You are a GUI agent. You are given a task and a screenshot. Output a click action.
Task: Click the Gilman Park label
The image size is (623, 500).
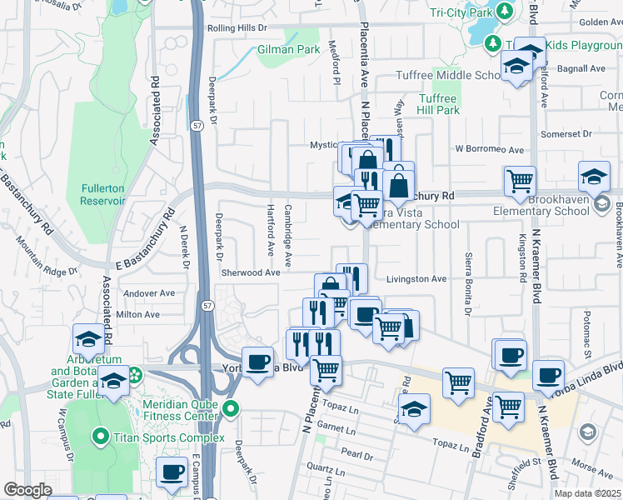click(302, 50)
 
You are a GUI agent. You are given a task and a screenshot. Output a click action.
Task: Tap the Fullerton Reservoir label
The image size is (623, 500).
click(102, 194)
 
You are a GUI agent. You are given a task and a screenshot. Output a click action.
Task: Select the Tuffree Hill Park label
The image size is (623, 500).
click(438, 104)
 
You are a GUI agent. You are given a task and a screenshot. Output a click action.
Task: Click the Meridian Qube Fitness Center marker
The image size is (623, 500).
click(232, 408)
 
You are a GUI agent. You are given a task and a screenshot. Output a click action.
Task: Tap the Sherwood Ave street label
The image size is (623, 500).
click(251, 272)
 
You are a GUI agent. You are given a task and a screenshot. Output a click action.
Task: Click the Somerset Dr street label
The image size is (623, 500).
click(565, 133)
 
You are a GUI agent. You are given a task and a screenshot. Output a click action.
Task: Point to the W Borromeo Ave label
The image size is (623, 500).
click(489, 150)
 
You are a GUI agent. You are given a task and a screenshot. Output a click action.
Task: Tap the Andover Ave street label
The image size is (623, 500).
click(148, 293)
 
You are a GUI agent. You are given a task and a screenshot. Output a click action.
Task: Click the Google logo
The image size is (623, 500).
click(27, 490)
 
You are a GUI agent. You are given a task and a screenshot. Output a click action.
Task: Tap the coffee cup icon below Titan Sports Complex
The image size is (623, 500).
click(172, 472)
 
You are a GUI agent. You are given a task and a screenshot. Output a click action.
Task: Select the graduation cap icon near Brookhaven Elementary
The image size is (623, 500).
click(595, 176)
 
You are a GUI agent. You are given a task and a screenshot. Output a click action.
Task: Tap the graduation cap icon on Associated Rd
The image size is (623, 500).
click(89, 338)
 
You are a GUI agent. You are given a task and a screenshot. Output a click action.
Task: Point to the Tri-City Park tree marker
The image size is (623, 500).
click(504, 12)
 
